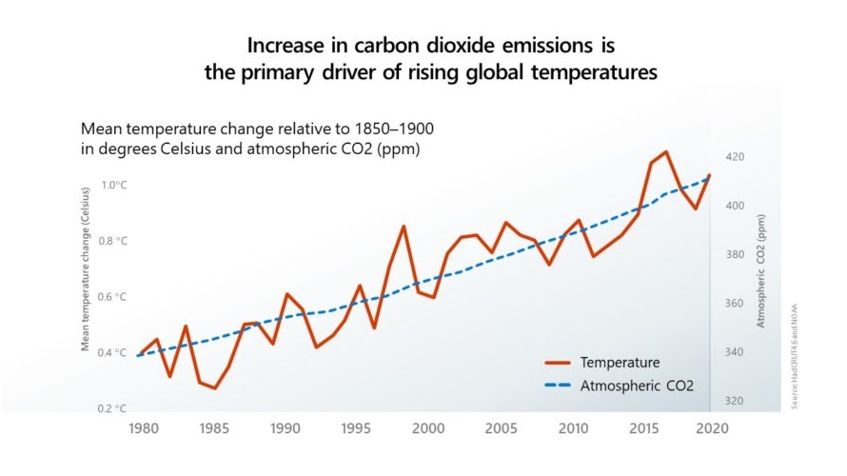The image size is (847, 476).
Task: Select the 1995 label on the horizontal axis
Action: (x=357, y=428)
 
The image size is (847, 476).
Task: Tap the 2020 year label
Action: (x=709, y=428)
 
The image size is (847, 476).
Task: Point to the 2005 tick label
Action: (x=502, y=428)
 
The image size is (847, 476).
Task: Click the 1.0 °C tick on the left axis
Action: (x=114, y=185)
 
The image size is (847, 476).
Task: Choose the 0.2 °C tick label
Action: (x=114, y=408)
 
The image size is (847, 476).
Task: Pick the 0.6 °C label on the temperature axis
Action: (x=114, y=297)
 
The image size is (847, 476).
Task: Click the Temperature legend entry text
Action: (x=620, y=363)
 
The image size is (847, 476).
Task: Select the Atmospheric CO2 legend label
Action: (x=637, y=386)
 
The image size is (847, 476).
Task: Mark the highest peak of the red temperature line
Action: (x=666, y=151)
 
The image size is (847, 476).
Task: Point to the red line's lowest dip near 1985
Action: (x=215, y=388)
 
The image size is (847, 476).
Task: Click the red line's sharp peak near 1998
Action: (x=404, y=226)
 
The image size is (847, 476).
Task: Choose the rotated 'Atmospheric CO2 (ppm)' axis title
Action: (x=761, y=270)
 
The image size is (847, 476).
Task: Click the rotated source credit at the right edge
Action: (x=794, y=357)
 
